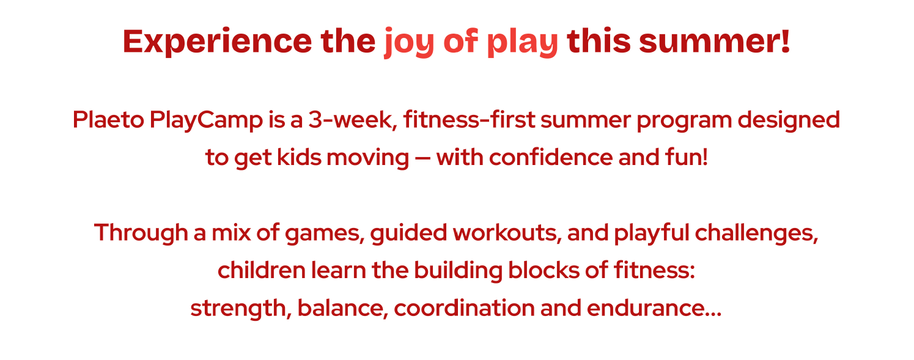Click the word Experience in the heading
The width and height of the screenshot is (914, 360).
pyautogui.click(x=217, y=42)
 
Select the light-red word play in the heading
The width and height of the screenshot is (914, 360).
pyautogui.click(x=522, y=43)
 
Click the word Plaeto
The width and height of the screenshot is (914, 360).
pyautogui.click(x=108, y=120)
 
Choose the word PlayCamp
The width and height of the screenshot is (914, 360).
pyautogui.click(x=206, y=121)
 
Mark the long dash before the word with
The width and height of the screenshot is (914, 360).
pyautogui.click(x=422, y=158)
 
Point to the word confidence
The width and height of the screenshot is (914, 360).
pyautogui.click(x=551, y=157)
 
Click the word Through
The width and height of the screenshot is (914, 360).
pyautogui.click(x=141, y=233)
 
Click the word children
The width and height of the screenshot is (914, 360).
pyautogui.click(x=262, y=270)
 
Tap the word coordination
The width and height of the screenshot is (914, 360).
pyautogui.click(x=465, y=308)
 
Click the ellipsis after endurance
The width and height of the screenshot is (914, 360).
pyautogui.click(x=713, y=315)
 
